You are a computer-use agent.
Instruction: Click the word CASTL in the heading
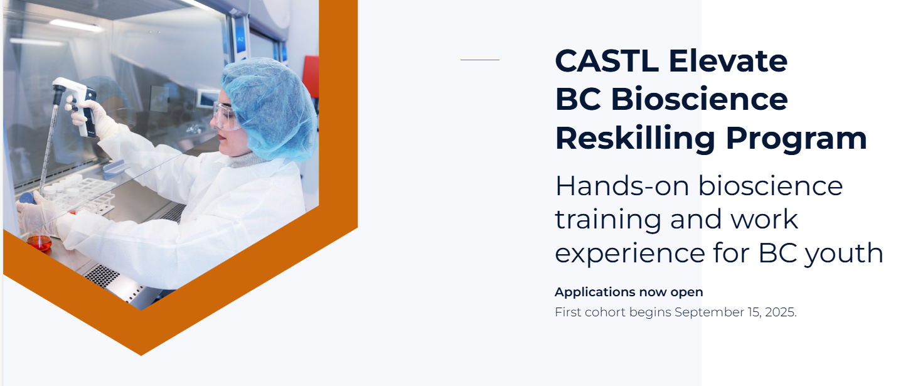607,61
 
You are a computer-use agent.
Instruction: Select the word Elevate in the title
728,61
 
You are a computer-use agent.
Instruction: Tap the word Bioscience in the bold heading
699,99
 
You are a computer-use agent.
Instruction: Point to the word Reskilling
635,138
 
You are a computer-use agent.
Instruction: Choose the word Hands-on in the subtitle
622,186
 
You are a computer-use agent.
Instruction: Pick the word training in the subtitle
608,220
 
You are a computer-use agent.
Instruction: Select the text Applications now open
629,292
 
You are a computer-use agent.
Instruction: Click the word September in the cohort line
709,313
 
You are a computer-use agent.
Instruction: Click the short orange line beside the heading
480,60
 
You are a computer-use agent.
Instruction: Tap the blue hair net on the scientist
270,108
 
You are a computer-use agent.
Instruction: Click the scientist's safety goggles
227,116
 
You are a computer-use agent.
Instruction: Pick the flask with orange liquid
39,242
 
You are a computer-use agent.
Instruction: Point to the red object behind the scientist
311,76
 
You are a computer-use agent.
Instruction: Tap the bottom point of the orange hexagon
141,355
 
